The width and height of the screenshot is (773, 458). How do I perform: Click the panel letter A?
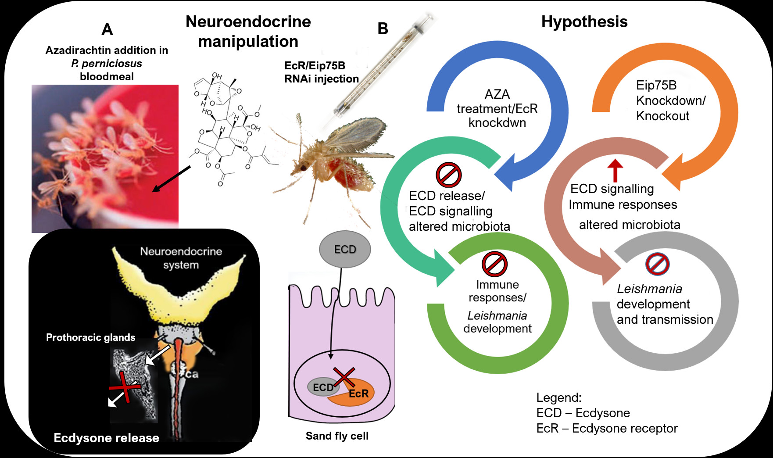pyautogui.click(x=107, y=30)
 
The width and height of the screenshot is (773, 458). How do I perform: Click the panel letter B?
pyautogui.click(x=383, y=29)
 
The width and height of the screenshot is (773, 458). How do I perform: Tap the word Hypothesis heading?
pyautogui.click(x=584, y=22)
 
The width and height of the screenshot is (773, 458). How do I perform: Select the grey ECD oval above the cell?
pyautogui.click(x=344, y=249)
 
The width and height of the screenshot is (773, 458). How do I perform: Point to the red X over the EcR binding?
pyautogui.click(x=344, y=378)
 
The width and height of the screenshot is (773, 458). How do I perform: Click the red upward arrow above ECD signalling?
pyautogui.click(x=616, y=170)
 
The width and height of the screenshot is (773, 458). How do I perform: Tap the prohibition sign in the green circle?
pyautogui.click(x=494, y=264)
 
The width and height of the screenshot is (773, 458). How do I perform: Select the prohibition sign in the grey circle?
pyautogui.click(x=657, y=264)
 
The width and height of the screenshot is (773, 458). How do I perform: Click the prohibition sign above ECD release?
pyautogui.click(x=448, y=175)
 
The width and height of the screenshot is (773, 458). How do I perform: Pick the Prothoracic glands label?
pyautogui.click(x=90, y=337)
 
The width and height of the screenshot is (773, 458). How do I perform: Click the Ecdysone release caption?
pyautogui.click(x=106, y=438)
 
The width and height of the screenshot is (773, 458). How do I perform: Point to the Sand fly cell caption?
pyautogui.click(x=337, y=436)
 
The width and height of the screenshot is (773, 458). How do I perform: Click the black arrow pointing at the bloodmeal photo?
pyautogui.click(x=171, y=179)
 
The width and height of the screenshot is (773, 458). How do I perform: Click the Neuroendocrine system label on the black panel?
pyautogui.click(x=181, y=258)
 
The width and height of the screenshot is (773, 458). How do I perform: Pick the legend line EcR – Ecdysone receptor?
pyautogui.click(x=607, y=428)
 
